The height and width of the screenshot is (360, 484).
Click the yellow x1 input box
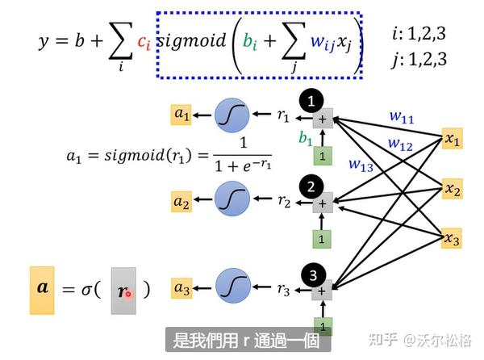pyautogui.click(x=453, y=140)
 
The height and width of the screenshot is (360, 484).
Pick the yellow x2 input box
pyautogui.click(x=453, y=190)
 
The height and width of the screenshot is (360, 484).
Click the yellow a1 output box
pyautogui.click(x=181, y=115)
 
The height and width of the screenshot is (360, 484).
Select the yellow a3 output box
pyautogui.click(x=181, y=287)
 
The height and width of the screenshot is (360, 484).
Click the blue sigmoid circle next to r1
pyautogui.click(x=232, y=118)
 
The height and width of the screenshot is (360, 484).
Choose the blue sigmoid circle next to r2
pyautogui.click(x=232, y=201)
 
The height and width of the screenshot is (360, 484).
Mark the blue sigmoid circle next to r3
pyautogui.click(x=232, y=288)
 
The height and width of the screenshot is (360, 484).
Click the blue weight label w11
pyautogui.click(x=401, y=119)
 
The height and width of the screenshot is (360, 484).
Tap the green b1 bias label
pyautogui.click(x=306, y=139)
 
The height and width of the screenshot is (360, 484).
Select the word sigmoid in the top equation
pyautogui.click(x=192, y=41)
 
